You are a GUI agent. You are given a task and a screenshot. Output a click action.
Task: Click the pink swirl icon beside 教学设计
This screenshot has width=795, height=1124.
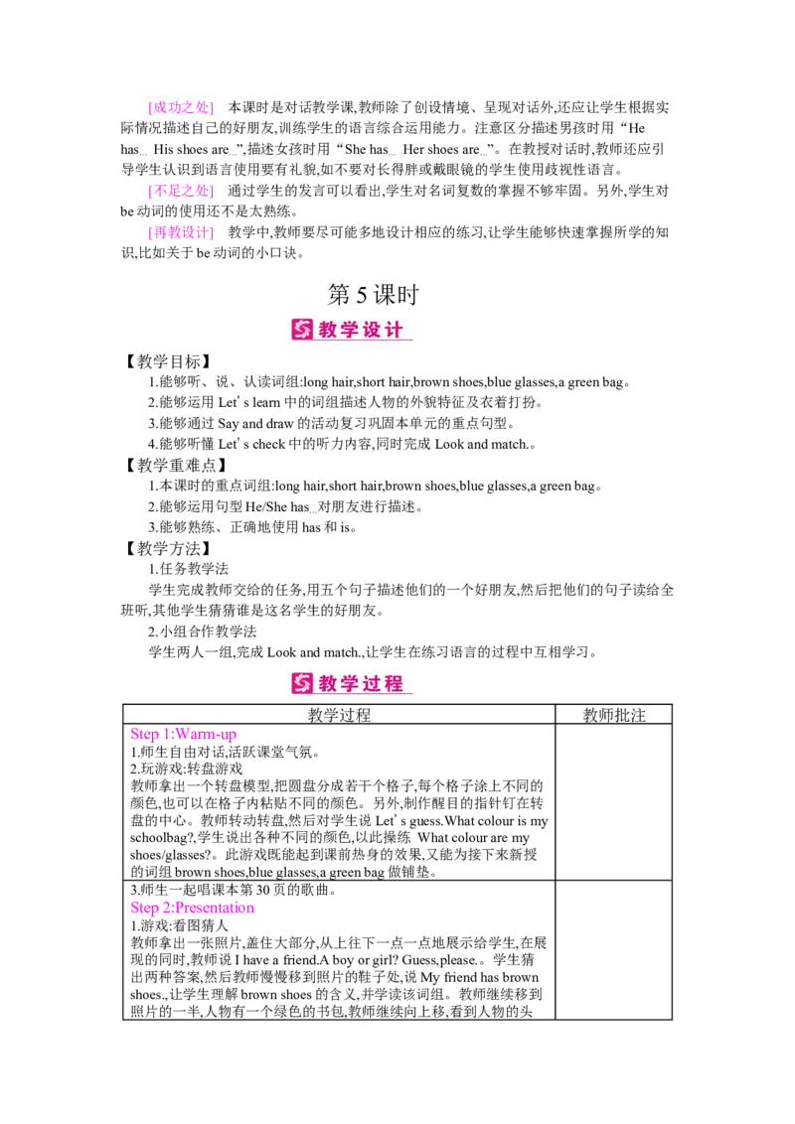click(302, 330)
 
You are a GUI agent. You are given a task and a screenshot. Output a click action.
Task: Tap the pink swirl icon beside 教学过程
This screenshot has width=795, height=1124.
click(302, 683)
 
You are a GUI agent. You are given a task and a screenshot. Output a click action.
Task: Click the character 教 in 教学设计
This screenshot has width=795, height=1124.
click(329, 330)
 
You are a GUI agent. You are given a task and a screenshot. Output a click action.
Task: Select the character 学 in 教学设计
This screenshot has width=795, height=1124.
click(351, 330)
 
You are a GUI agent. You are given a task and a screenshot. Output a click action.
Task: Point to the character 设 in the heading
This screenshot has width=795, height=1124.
click(373, 330)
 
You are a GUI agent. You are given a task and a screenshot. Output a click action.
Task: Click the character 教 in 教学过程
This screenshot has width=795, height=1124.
click(329, 683)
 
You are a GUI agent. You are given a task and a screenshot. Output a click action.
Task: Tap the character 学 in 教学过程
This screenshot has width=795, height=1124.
click(351, 683)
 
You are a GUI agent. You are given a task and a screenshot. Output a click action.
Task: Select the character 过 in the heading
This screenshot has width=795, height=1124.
click(373, 683)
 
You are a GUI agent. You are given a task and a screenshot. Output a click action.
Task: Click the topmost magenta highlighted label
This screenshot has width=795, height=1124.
click(179, 107)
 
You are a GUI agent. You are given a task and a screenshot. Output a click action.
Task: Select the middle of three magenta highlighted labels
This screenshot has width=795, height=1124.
click(179, 191)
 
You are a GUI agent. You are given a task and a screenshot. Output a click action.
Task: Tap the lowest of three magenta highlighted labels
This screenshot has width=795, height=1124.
click(179, 233)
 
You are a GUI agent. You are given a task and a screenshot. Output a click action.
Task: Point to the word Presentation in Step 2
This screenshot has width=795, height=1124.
click(219, 907)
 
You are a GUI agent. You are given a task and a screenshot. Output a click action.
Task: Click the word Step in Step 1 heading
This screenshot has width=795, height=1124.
click(142, 736)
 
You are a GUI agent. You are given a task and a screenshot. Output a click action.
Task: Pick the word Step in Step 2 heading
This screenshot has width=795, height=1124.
click(142, 907)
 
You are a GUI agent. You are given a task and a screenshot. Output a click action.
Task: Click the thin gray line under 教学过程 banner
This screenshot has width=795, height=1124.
click(397, 704)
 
